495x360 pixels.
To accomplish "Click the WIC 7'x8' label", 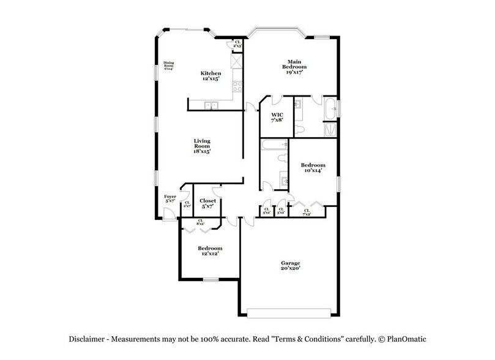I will (277, 117).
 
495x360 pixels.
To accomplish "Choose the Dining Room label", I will (168, 66).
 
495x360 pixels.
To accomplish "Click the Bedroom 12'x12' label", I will (209, 250).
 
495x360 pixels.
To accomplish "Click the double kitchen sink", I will (212, 106).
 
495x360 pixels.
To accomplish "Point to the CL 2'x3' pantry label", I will (237, 45).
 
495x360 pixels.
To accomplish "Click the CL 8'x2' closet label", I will (201, 223).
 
